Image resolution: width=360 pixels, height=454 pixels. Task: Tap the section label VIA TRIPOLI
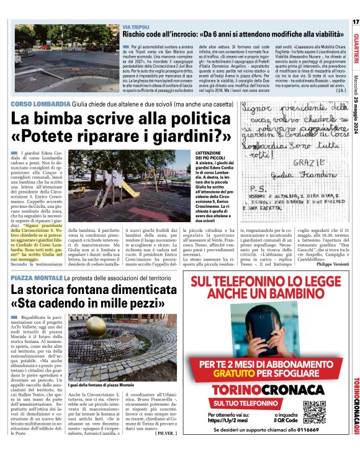[135, 27]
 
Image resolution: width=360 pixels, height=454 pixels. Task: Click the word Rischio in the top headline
[138, 35]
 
